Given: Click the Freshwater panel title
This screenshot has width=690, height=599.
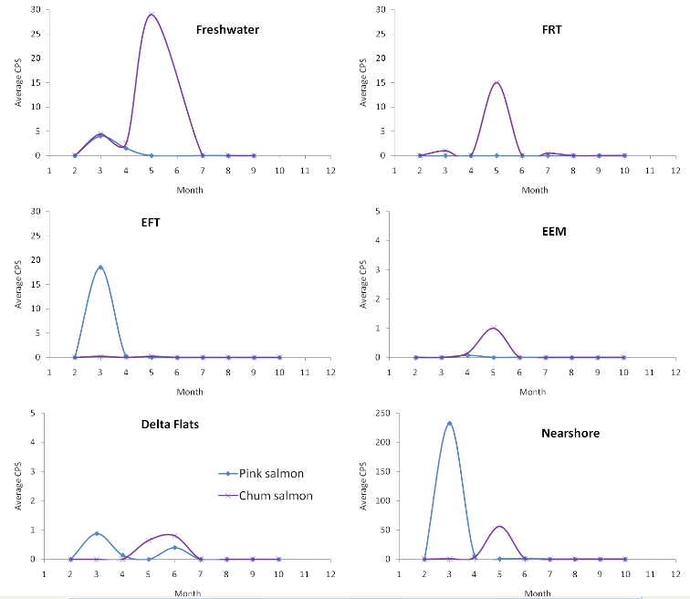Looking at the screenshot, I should point(227,29).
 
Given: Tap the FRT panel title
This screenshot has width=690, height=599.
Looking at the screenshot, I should point(551,29).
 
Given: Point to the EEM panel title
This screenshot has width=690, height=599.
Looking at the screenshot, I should point(554,232).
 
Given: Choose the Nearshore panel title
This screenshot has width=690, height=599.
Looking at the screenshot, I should point(570,433).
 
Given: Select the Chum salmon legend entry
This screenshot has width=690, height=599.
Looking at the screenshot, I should point(277,496).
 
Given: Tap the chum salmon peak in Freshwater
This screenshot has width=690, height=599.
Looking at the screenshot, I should point(152,15).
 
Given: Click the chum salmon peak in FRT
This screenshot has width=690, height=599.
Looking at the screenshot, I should point(497,82).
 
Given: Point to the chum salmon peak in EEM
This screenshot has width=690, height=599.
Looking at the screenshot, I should point(493,328).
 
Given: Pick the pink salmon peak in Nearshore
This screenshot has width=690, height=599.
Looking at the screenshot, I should point(449,423).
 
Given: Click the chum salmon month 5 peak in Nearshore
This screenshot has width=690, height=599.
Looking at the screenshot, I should point(499,526).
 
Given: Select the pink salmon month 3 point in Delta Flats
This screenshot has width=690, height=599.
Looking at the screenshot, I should point(97,533).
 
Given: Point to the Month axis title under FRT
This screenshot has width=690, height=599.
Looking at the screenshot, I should point(535,190).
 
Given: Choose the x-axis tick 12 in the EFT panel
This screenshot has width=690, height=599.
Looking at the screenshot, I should point(330,373).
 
